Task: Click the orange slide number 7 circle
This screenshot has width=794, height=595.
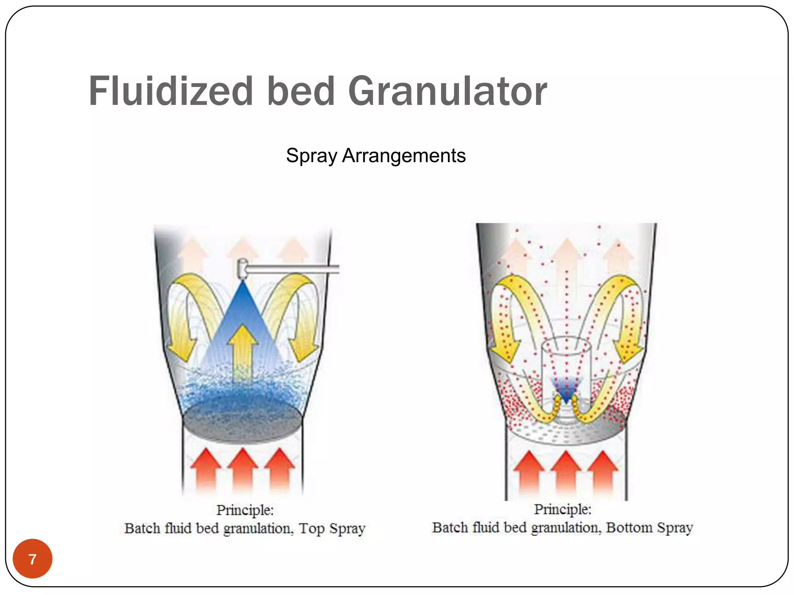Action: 33,559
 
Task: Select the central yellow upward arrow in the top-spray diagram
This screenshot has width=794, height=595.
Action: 243,351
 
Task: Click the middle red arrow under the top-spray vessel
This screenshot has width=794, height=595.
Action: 243,471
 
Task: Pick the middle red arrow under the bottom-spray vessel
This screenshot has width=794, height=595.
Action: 566,473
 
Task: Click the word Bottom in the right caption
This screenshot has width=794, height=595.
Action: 629,528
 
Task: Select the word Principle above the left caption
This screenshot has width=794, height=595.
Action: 245,510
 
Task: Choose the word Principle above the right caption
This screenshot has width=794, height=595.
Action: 563,509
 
